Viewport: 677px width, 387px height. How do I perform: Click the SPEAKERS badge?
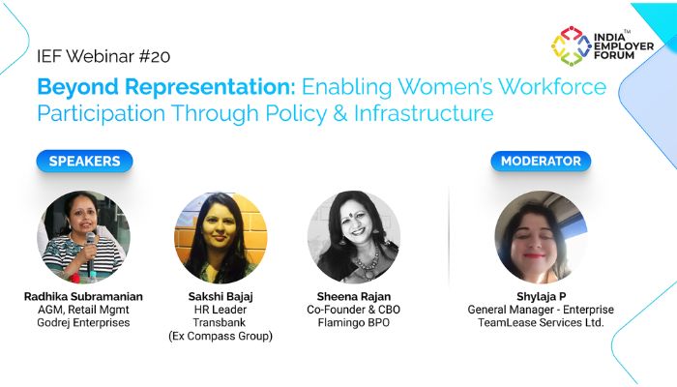84,162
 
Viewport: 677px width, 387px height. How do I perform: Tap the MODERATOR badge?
541,162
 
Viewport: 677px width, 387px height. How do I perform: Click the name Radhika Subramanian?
83,295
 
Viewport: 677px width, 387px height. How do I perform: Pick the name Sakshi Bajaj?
221,295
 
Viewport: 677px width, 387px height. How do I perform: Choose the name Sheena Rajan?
354,295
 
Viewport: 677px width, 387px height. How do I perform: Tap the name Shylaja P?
541,295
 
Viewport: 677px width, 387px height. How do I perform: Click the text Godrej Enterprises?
83,323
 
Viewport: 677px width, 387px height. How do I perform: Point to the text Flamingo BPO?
354,323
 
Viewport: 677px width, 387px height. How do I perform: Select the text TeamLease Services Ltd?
541,323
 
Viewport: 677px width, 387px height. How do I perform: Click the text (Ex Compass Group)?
221,337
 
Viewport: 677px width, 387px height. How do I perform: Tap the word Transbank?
221,323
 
